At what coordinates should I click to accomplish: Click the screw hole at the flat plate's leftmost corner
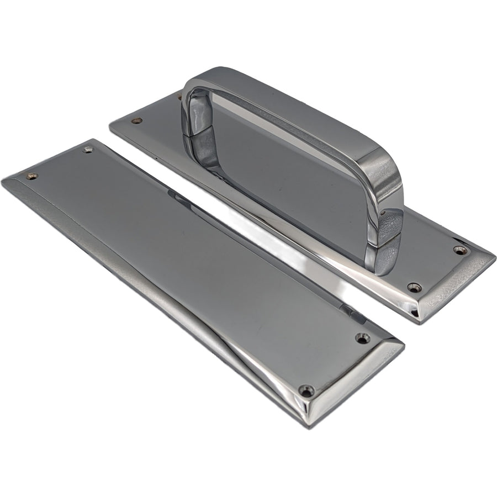pyautogui.click(x=32, y=176)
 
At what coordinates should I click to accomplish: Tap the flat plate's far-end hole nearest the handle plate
pyautogui.click(x=87, y=149)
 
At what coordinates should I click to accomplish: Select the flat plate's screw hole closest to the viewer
pyautogui.click(x=306, y=390)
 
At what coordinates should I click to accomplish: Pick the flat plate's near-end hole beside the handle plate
pyautogui.click(x=362, y=337)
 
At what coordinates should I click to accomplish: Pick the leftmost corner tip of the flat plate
pyautogui.click(x=2, y=181)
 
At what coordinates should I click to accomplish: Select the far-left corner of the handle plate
pyautogui.click(x=110, y=125)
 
